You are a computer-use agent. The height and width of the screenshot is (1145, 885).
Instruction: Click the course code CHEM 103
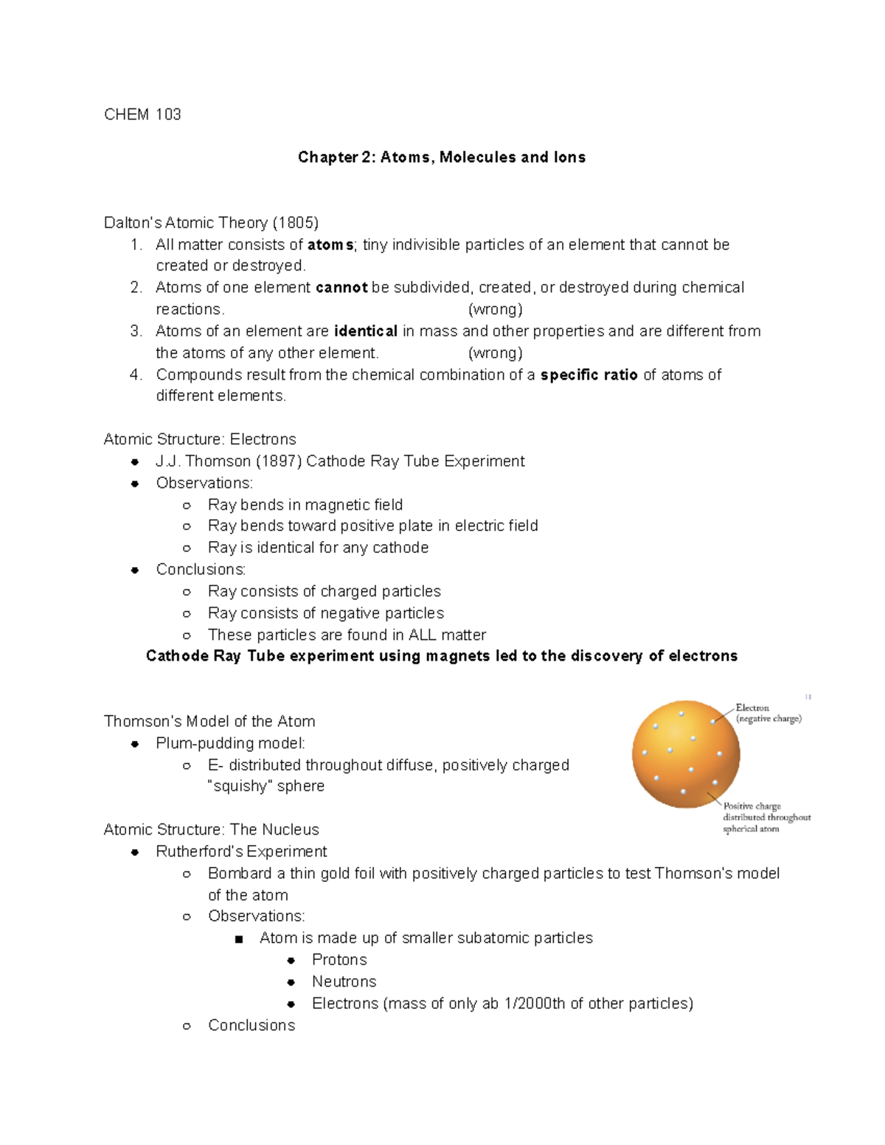point(142,114)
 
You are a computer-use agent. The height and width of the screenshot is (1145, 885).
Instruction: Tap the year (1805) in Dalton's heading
point(296,223)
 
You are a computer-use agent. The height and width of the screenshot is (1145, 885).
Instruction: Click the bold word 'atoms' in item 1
point(330,245)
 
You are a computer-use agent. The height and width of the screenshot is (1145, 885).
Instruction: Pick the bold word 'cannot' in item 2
point(341,288)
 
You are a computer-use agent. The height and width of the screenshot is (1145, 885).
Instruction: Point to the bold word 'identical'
point(365,331)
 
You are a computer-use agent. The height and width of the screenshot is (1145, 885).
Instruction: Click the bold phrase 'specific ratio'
point(589,375)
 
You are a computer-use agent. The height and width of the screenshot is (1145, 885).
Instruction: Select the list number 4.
point(135,375)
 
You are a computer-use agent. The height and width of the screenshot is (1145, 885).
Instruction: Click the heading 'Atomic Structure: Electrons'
point(200,439)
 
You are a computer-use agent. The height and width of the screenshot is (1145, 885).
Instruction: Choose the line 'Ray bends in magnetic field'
point(305,505)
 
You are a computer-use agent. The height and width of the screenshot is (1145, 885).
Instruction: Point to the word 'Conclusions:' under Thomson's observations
point(201,569)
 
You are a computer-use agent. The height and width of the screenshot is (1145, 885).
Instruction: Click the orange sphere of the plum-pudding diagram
point(685,754)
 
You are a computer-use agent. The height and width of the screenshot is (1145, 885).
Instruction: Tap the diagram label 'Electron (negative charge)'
point(768,713)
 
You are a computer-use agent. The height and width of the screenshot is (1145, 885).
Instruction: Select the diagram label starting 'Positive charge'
point(766,817)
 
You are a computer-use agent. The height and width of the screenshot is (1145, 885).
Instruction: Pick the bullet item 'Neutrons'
point(344,981)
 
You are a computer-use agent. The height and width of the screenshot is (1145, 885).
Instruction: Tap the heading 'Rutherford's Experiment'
point(241,852)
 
